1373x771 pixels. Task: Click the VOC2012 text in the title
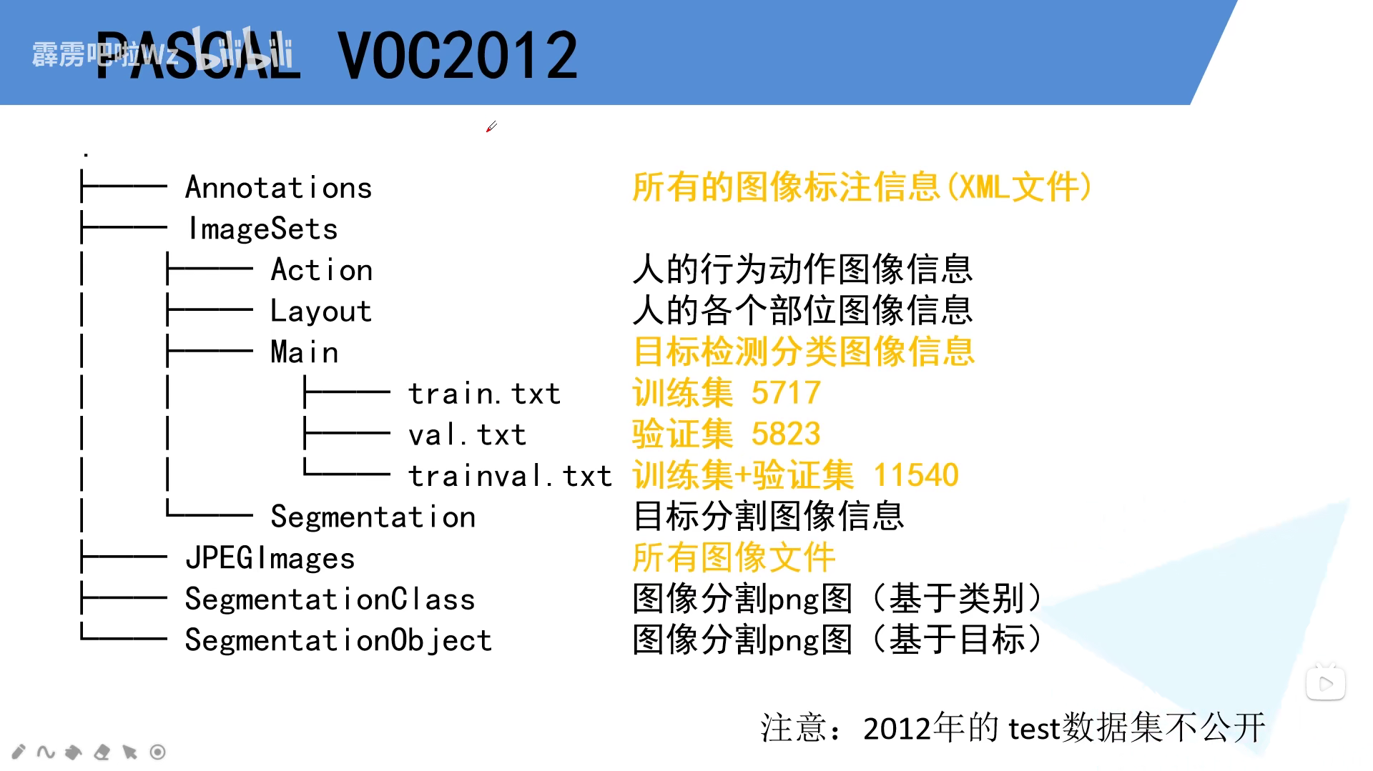[458, 56]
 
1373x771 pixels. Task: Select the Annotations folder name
[279, 188]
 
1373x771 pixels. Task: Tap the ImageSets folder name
[262, 229]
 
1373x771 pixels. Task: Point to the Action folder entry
[322, 270]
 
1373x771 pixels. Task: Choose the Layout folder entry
[321, 312]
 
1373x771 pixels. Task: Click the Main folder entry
[305, 352]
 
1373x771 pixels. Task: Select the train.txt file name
[484, 394]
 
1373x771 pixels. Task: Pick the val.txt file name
[467, 434]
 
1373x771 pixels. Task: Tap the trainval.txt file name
[510, 476]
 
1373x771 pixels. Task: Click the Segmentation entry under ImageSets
[373, 517]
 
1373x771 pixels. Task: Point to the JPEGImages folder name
[270, 558]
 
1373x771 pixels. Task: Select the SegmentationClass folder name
[330, 599]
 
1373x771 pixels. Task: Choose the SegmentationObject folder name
[338, 640]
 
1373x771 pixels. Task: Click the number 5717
[786, 393]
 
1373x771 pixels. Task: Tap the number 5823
[786, 434]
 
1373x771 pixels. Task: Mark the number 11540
[916, 475]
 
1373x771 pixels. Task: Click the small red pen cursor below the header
[491, 126]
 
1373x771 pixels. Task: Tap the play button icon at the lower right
[1326, 684]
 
